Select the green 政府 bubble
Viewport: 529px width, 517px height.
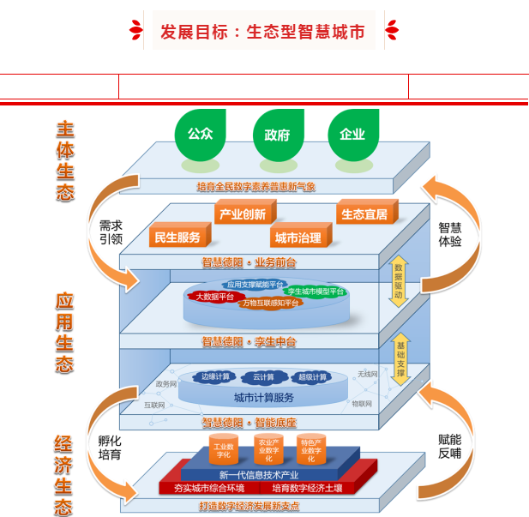(x=278, y=135)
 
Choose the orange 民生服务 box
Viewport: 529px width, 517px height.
(x=177, y=237)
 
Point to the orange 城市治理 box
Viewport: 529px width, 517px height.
(x=297, y=237)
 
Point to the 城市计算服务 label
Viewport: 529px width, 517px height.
(x=264, y=398)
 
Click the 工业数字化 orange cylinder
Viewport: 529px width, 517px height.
(x=224, y=450)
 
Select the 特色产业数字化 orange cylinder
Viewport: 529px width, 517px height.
(x=310, y=449)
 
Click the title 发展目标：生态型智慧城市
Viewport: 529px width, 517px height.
(x=262, y=33)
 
